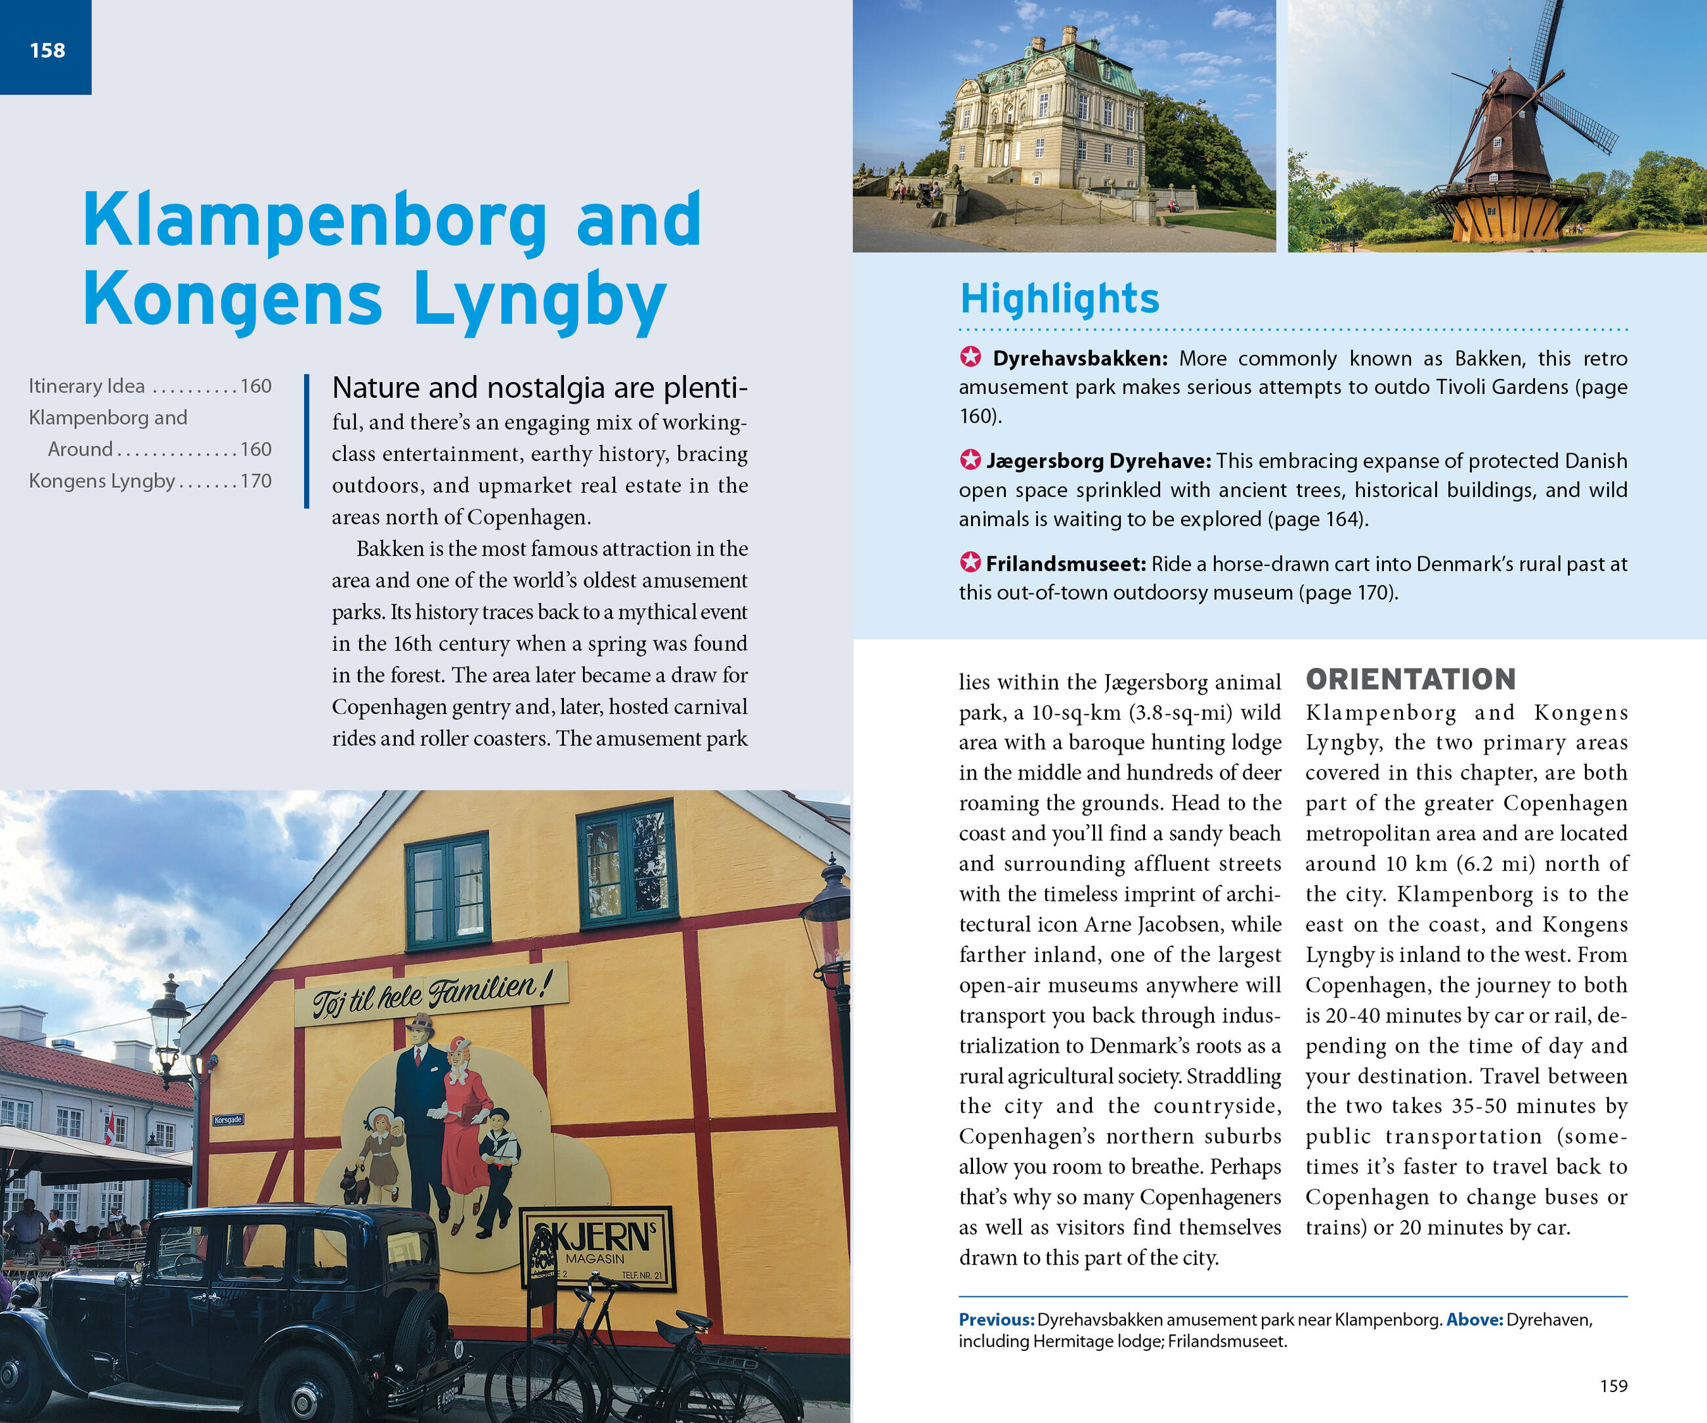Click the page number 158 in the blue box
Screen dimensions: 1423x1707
pos(47,51)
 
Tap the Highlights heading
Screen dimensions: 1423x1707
pos(1059,298)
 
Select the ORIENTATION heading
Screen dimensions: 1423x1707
pos(1410,679)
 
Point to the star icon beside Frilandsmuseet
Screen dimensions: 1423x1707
pos(970,562)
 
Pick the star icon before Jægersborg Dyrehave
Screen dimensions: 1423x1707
pos(970,460)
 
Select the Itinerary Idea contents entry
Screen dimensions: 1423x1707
pos(87,386)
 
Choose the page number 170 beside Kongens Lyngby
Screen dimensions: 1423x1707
pos(255,481)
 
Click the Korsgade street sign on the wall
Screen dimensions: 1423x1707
pos(228,1120)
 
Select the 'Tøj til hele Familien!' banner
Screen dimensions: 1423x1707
pos(431,994)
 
